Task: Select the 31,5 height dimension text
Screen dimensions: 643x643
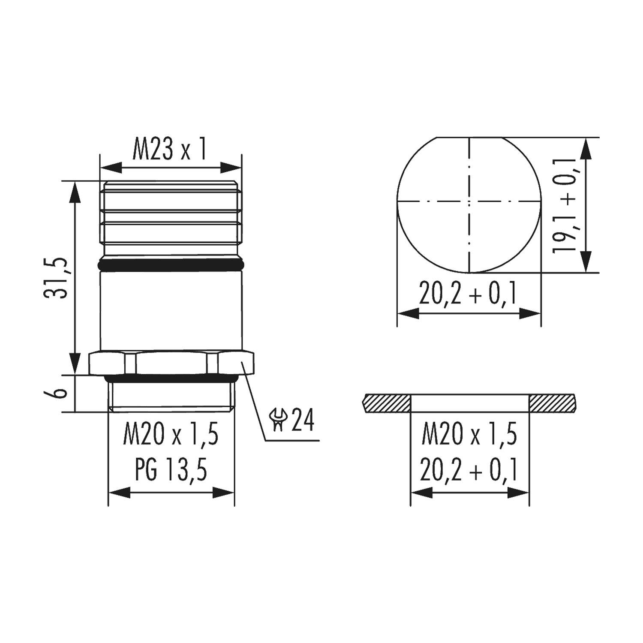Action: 57,278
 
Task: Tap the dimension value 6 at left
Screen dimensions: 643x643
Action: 60,394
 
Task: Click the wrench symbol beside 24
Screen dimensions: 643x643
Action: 278,420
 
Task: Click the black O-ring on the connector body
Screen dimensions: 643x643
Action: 171,265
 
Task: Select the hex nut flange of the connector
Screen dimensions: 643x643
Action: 171,363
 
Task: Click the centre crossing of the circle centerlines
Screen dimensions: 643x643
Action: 469,201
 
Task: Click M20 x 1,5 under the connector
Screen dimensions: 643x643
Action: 171,435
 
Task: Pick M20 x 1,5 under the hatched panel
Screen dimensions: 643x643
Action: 470,435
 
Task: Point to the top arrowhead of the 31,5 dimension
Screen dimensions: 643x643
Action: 75,191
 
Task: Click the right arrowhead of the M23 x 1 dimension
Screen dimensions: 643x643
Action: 231,168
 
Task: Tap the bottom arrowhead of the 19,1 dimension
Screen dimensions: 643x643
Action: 586,262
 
